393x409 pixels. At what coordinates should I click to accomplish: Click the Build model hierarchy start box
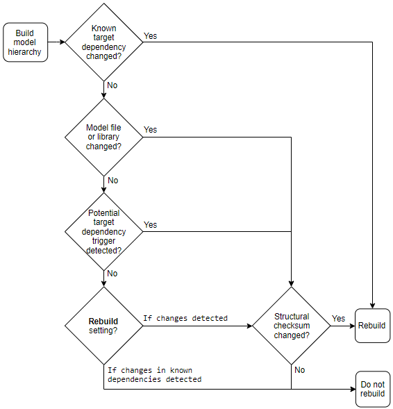coord(26,42)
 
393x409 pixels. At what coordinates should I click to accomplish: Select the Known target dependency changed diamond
coord(104,42)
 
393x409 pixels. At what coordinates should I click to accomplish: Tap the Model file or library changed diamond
coord(104,137)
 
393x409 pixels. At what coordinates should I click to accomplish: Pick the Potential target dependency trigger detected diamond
coord(104,231)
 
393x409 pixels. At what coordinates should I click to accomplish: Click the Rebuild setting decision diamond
coord(104,326)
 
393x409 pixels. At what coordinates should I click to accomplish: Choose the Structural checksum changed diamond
coord(291,326)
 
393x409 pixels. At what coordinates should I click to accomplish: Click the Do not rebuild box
coord(372,389)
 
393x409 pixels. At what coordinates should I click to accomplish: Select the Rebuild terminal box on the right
coord(372,326)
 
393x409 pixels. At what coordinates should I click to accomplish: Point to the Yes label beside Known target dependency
coord(150,35)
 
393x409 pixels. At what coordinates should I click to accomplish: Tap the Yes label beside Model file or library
coord(150,130)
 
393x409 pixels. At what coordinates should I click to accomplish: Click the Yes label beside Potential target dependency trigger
coord(150,224)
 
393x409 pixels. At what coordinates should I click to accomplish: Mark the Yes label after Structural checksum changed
coord(338,319)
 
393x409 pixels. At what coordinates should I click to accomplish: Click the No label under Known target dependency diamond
coord(112,85)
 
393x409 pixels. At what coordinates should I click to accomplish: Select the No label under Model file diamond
coord(112,180)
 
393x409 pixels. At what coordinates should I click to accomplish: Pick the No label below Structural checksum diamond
coord(299,370)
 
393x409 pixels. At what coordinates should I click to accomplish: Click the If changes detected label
coord(185,318)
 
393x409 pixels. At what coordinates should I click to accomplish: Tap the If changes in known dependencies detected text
coord(154,375)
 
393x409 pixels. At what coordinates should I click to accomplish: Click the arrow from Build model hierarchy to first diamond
coord(56,42)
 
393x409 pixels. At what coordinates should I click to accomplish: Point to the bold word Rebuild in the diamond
coord(103,321)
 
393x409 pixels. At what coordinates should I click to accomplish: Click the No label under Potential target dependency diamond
coord(112,274)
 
